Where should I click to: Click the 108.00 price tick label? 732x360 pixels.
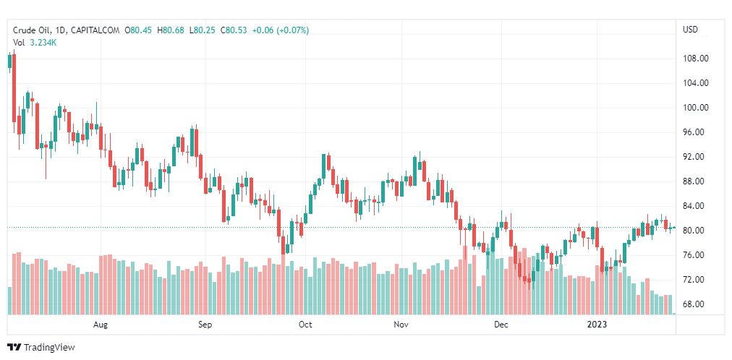pyautogui.click(x=695, y=59)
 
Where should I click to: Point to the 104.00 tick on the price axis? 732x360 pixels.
pyautogui.click(x=695, y=83)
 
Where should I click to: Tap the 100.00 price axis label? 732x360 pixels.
pyautogui.click(x=695, y=108)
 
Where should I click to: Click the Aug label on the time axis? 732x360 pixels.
pyautogui.click(x=101, y=325)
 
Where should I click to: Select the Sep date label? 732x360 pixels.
pyautogui.click(x=205, y=325)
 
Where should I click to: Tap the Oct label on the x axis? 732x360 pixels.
pyautogui.click(x=305, y=325)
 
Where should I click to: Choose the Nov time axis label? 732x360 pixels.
pyautogui.click(x=402, y=325)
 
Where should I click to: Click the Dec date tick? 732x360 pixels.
pyautogui.click(x=501, y=325)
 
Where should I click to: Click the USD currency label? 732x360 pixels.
pyautogui.click(x=690, y=30)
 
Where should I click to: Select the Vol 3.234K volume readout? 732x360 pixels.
pyautogui.click(x=35, y=43)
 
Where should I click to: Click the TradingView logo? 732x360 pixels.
pyautogui.click(x=41, y=348)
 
